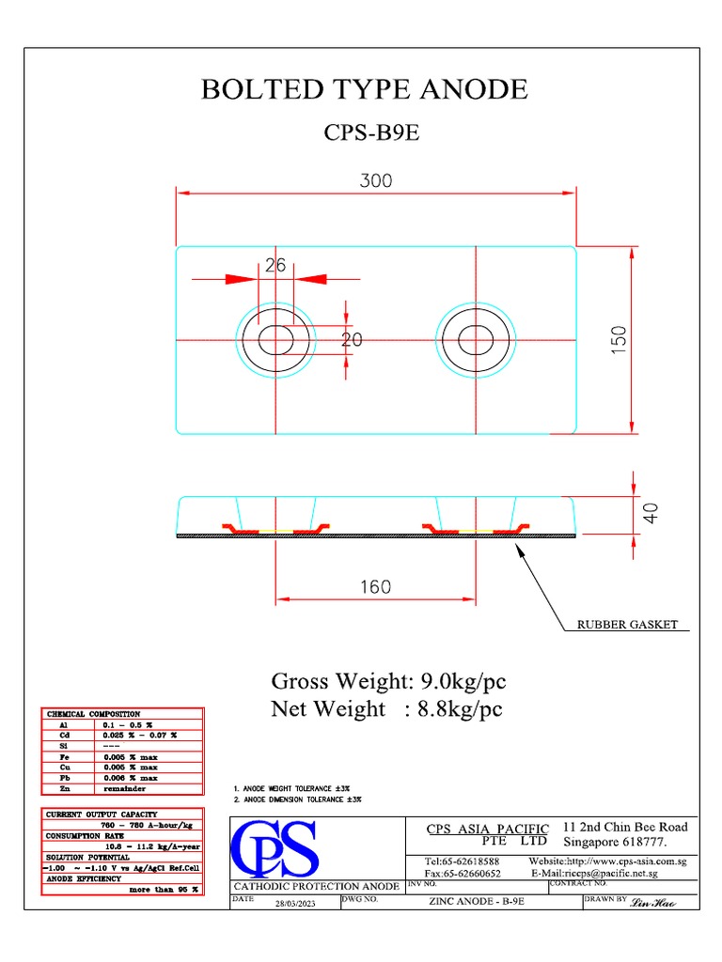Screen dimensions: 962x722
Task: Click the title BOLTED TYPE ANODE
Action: (x=365, y=89)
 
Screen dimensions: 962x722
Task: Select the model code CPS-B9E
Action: (x=371, y=132)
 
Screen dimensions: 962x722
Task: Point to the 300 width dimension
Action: (x=376, y=180)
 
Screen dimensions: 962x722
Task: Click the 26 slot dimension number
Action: (x=275, y=266)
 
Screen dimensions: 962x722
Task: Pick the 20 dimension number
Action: (x=351, y=340)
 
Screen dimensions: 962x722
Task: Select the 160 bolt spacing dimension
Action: (x=375, y=587)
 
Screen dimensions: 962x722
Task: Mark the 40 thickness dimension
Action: (x=651, y=512)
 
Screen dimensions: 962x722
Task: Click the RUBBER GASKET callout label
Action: (x=628, y=625)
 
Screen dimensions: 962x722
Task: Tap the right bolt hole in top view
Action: (x=476, y=338)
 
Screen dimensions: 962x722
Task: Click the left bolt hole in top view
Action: (x=275, y=338)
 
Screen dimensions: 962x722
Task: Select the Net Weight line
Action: (x=386, y=708)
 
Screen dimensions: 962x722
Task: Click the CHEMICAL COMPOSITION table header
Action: (x=94, y=714)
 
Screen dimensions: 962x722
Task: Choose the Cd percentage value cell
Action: (x=139, y=735)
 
